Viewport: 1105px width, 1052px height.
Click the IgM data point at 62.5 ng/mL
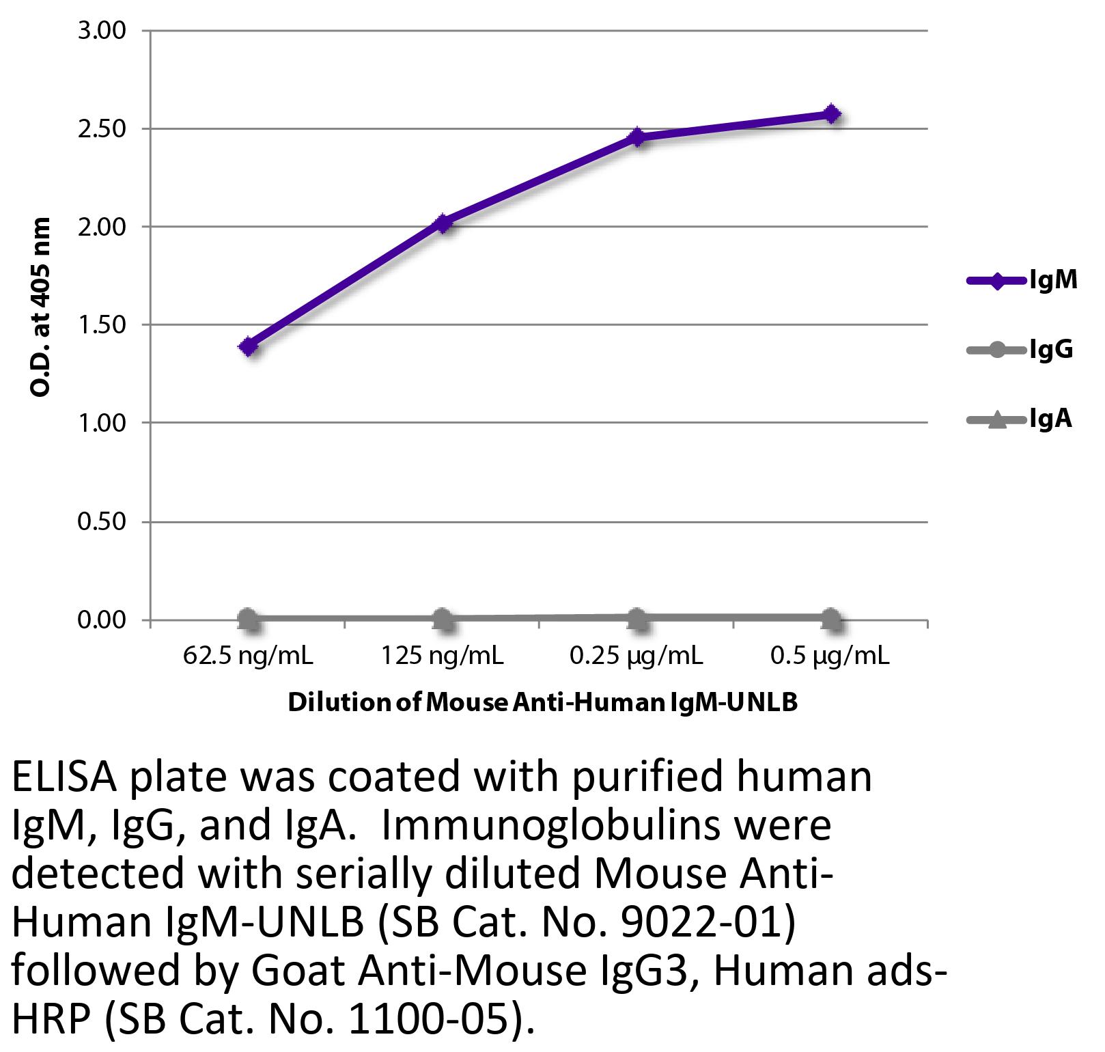[248, 346]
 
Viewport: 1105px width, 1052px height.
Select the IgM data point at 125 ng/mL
[443, 223]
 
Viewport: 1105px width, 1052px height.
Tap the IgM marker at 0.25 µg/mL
[637, 137]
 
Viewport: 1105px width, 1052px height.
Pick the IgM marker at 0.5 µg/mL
[831, 114]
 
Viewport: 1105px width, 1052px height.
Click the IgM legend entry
[1022, 280]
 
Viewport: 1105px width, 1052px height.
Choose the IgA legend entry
[1020, 419]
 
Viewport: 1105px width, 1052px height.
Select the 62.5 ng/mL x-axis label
[248, 656]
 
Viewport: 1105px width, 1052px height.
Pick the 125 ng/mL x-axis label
[443, 656]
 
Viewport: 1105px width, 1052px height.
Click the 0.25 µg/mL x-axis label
[637, 656]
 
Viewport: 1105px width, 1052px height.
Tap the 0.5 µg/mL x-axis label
[830, 656]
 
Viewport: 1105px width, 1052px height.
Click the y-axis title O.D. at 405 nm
[41, 307]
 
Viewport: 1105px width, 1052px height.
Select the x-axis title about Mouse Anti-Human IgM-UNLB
[543, 702]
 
